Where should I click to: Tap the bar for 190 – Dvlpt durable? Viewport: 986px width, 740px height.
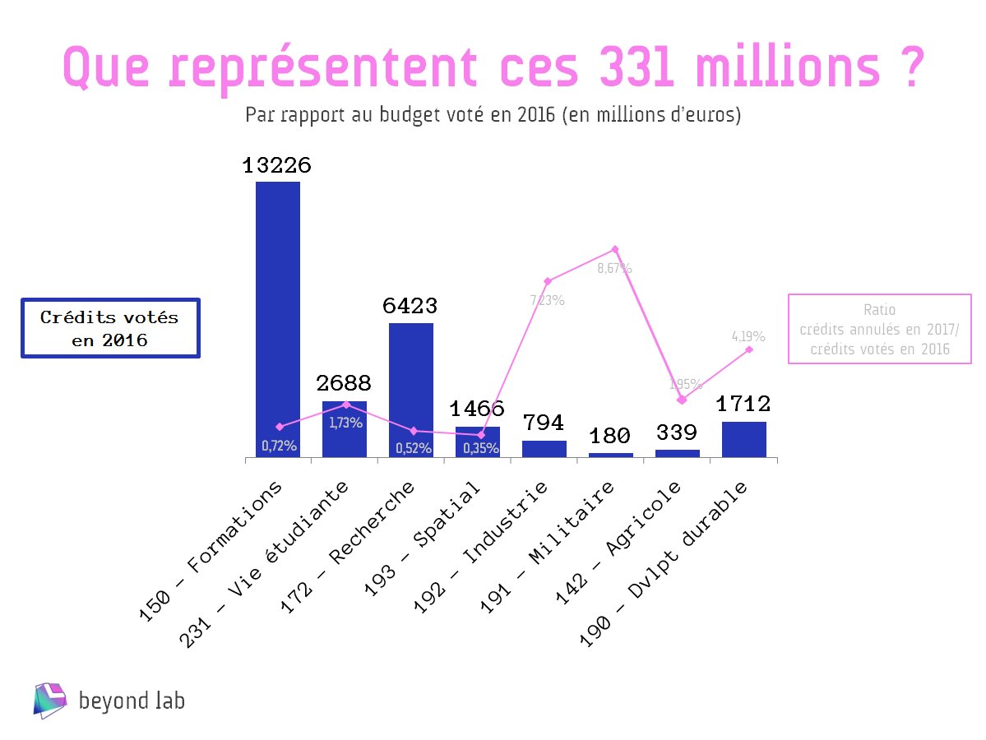pos(743,439)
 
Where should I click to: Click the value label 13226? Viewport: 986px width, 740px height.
pos(277,166)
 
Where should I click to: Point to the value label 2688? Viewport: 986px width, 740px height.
pos(344,383)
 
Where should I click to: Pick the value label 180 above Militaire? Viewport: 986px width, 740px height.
pos(610,435)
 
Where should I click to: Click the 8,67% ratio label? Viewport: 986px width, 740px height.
pos(614,268)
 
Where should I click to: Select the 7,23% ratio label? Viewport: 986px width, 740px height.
pos(547,301)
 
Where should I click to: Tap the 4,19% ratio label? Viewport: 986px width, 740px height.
pos(748,336)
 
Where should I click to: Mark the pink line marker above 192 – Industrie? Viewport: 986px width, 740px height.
pos(547,281)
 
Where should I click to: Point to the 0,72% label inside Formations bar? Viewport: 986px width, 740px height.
pos(279,446)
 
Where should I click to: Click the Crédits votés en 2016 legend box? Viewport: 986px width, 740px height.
pos(110,328)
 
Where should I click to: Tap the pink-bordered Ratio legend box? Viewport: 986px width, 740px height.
pos(879,329)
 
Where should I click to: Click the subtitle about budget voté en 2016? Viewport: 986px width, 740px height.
pos(493,115)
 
